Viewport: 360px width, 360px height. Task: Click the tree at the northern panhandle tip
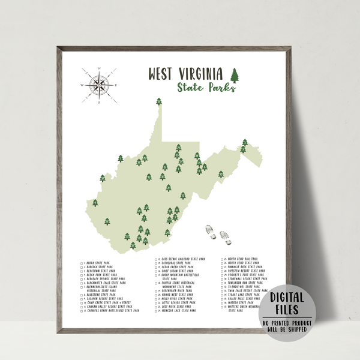(x=159, y=101)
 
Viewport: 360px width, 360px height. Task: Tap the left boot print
(x=211, y=231)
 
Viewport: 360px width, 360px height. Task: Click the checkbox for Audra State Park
(x=82, y=263)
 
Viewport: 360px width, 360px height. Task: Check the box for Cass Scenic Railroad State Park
(x=157, y=259)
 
